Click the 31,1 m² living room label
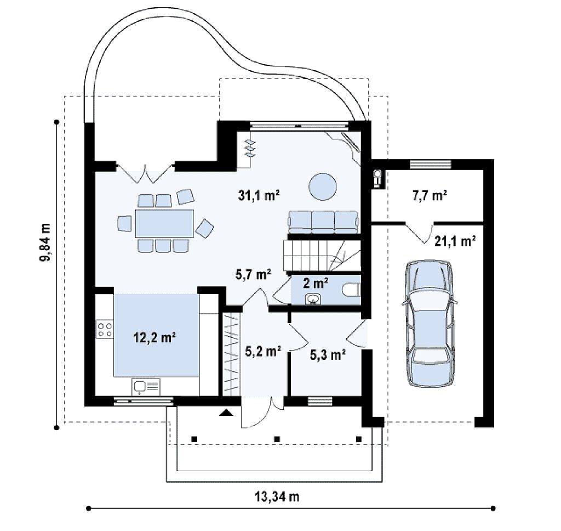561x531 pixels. click(x=259, y=195)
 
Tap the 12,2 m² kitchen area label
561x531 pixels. click(x=154, y=337)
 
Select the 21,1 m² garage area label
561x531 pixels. click(x=455, y=241)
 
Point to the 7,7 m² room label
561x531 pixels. click(x=430, y=195)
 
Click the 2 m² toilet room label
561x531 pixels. click(x=315, y=283)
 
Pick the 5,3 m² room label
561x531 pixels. click(x=328, y=354)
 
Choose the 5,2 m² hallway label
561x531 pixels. click(x=263, y=351)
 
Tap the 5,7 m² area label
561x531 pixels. click(x=253, y=274)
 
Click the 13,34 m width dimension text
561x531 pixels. click(x=277, y=497)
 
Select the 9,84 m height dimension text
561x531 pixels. click(x=45, y=242)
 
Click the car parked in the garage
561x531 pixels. click(x=430, y=323)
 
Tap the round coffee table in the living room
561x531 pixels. click(x=323, y=187)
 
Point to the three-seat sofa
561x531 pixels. click(x=323, y=222)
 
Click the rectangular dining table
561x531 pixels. click(x=164, y=224)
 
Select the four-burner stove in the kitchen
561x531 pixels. click(x=105, y=330)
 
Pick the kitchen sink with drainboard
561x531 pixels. click(x=146, y=387)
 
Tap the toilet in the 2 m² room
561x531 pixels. click(x=351, y=290)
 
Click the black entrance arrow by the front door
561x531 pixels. click(x=226, y=413)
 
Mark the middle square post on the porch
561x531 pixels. click(x=277, y=439)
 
